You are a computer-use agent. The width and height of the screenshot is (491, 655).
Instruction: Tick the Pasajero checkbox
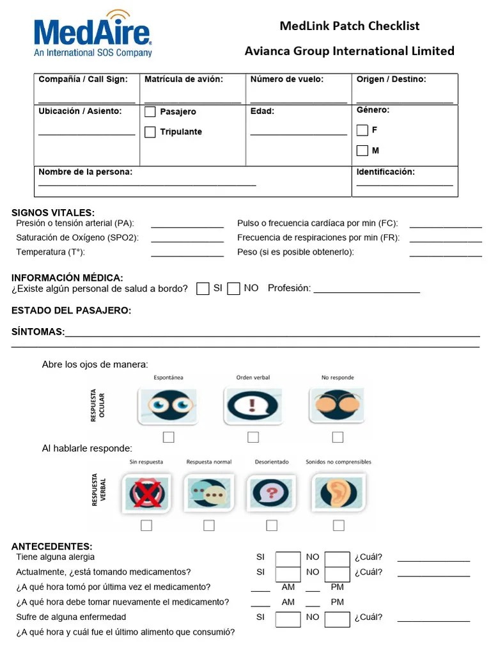click(150, 112)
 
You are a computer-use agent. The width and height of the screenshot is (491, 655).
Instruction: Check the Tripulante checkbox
click(150, 132)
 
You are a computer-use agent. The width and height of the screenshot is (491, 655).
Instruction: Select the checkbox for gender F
click(362, 130)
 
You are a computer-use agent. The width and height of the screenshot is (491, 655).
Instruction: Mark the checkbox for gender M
click(362, 151)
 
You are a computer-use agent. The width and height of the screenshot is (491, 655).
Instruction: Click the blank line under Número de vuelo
click(299, 101)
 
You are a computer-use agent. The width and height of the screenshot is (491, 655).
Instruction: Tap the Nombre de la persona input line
click(147, 184)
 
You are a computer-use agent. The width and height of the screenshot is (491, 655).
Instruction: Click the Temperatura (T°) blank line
click(187, 255)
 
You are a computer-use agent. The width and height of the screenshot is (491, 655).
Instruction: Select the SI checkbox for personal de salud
click(203, 288)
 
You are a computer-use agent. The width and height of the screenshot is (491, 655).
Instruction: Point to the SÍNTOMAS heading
click(38, 332)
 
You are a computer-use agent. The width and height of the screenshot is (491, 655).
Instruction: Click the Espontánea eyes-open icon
click(169, 405)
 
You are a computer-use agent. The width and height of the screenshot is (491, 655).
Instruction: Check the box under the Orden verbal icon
click(253, 438)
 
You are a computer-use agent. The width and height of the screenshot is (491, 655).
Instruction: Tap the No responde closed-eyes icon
click(338, 405)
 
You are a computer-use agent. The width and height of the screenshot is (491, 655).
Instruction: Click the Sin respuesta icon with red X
click(146, 493)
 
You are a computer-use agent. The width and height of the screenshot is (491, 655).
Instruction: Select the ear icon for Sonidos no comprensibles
click(338, 493)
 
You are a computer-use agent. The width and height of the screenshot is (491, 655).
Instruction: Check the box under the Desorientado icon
click(272, 526)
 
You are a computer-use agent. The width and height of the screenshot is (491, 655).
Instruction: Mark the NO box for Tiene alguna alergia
click(337, 559)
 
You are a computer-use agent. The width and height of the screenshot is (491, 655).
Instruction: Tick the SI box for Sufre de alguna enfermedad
click(288, 619)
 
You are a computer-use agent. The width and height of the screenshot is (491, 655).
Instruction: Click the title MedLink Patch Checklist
click(350, 26)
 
